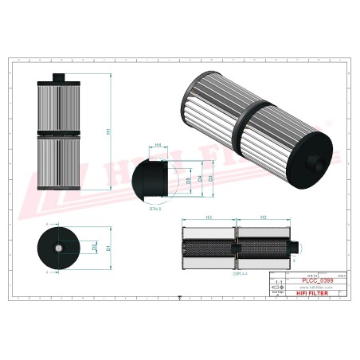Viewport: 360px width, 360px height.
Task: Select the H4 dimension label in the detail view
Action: tap(158, 145)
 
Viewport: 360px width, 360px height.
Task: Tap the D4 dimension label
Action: tap(199, 178)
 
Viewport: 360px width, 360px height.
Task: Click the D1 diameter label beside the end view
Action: tap(108, 248)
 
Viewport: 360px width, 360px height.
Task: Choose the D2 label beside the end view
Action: tap(95, 248)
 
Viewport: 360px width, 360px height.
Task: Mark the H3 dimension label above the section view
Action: tap(209, 217)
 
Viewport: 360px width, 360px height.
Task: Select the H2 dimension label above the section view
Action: tap(263, 217)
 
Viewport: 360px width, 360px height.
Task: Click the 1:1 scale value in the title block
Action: tap(278, 283)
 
